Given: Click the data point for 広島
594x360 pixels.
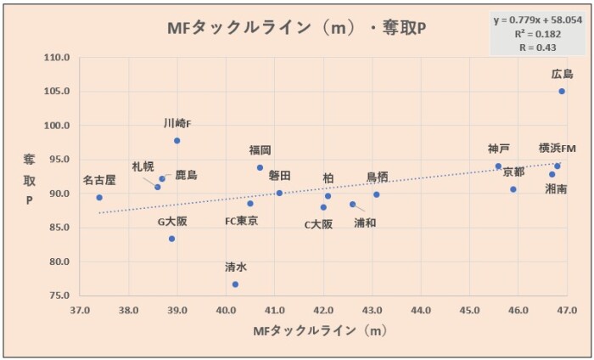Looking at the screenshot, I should (562, 91).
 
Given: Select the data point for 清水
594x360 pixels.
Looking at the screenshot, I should (235, 284).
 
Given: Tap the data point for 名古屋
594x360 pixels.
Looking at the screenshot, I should (99, 197).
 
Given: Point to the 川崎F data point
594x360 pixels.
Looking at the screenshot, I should (177, 140).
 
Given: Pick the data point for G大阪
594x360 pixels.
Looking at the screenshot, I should (172, 239).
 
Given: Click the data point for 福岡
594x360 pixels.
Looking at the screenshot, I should (260, 167).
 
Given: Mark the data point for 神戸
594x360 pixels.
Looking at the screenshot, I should (498, 166).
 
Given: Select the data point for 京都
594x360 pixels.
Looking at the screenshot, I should (513, 189).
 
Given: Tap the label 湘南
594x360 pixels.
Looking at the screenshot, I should (557, 188).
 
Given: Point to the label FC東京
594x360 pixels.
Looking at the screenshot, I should (242, 221).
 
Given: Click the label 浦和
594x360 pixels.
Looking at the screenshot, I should (366, 222).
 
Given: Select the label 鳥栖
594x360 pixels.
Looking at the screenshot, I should (378, 177).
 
